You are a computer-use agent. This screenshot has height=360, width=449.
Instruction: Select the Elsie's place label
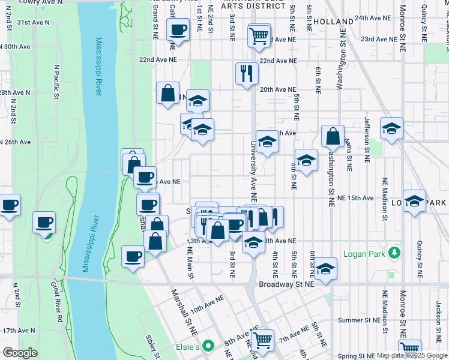click(187, 347)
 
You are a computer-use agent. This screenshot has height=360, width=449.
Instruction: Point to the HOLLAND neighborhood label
click(333, 22)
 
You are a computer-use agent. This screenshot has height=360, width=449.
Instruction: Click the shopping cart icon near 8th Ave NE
click(262, 340)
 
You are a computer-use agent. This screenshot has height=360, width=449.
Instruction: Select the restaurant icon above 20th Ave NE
click(247, 73)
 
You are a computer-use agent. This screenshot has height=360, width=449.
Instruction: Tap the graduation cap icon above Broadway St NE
click(325, 268)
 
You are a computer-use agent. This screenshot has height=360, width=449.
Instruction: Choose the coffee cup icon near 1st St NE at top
click(178, 29)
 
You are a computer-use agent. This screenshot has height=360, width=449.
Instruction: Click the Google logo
click(20, 353)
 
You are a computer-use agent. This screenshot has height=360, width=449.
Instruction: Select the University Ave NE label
click(253, 171)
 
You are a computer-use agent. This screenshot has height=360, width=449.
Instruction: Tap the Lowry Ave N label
click(41, 2)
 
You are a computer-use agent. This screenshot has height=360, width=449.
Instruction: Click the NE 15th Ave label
click(355, 197)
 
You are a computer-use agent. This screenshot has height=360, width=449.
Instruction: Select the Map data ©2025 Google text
click(411, 355)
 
